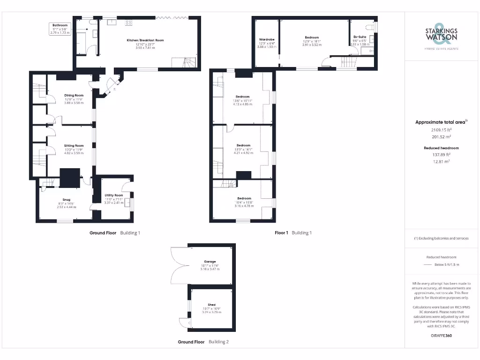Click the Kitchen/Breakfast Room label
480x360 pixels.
tap(145, 41)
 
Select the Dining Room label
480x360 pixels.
tap(74, 96)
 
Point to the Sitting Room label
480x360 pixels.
tap(74, 146)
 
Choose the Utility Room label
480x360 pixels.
tap(113, 195)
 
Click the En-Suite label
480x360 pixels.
tap(360, 37)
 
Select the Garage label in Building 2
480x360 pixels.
tap(210, 262)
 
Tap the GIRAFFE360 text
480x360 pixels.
tap(441, 336)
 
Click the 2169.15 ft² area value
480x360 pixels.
tap(441, 130)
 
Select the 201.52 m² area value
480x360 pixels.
tap(441, 137)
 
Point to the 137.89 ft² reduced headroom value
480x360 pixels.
tap(441, 154)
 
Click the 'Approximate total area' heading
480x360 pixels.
tap(441, 122)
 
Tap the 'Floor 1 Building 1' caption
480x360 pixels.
tap(293, 232)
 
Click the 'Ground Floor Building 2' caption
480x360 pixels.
tap(203, 342)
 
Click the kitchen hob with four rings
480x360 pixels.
tap(128, 22)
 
